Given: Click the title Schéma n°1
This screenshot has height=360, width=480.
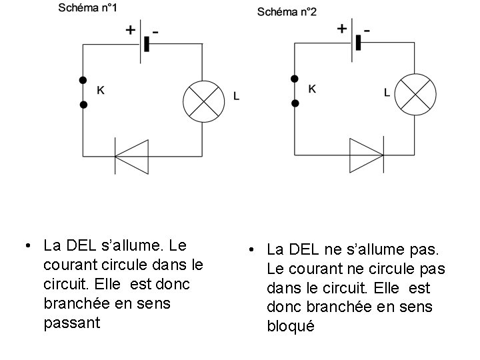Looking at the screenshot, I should click(x=89, y=8).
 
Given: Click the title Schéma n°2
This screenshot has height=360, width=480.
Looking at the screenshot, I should click(x=288, y=11).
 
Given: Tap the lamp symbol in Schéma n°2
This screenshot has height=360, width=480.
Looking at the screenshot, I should click(x=416, y=94).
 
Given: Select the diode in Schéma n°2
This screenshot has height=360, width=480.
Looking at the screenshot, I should click(x=366, y=155).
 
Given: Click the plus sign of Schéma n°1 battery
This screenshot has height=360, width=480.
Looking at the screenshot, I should click(x=131, y=30).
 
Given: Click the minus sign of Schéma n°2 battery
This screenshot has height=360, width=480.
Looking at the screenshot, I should click(x=368, y=29).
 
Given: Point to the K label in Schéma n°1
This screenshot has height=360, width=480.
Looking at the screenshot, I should click(x=101, y=89).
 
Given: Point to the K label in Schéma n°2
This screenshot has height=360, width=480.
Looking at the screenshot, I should click(x=313, y=89).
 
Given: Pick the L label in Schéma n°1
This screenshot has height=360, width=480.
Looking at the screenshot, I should click(x=237, y=97).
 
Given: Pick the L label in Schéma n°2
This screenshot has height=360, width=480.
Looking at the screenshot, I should click(x=387, y=93).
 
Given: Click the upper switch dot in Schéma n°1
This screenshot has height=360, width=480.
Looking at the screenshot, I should click(x=83, y=80).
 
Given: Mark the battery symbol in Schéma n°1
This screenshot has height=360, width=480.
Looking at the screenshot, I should click(x=143, y=44).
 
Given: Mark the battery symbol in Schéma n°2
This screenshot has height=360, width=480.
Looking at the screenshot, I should click(x=355, y=43).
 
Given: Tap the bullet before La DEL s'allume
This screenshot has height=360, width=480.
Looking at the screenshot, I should click(x=25, y=245).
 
